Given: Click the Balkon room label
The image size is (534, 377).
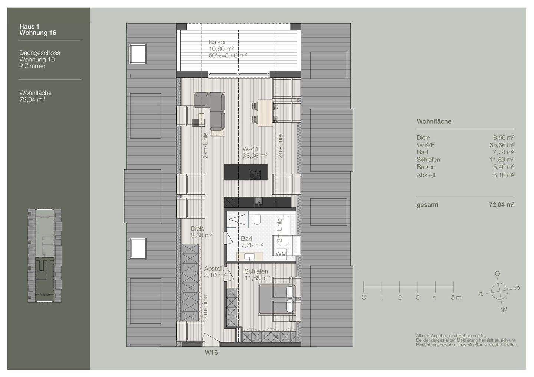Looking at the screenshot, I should [x=218, y=42].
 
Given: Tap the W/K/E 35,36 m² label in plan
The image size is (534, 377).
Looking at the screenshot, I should [x=255, y=152].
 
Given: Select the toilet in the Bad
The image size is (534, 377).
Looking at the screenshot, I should [x=257, y=221].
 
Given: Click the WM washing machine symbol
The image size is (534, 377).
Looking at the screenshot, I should [x=281, y=254].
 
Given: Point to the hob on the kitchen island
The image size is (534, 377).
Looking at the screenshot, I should [x=255, y=174].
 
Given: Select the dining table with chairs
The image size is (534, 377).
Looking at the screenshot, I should [x=264, y=112].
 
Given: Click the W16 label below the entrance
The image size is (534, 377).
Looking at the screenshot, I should [x=211, y=352].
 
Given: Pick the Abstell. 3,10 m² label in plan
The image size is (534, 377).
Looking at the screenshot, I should [x=214, y=272].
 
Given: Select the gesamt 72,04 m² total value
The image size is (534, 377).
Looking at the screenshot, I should [x=501, y=204].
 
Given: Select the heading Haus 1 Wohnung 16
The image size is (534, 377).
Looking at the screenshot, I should [x=38, y=30].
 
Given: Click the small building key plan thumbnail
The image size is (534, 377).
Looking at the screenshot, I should [x=45, y=256].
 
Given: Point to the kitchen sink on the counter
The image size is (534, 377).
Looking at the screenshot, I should [x=258, y=202].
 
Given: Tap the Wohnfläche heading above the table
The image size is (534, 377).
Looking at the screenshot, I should [x=434, y=121].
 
